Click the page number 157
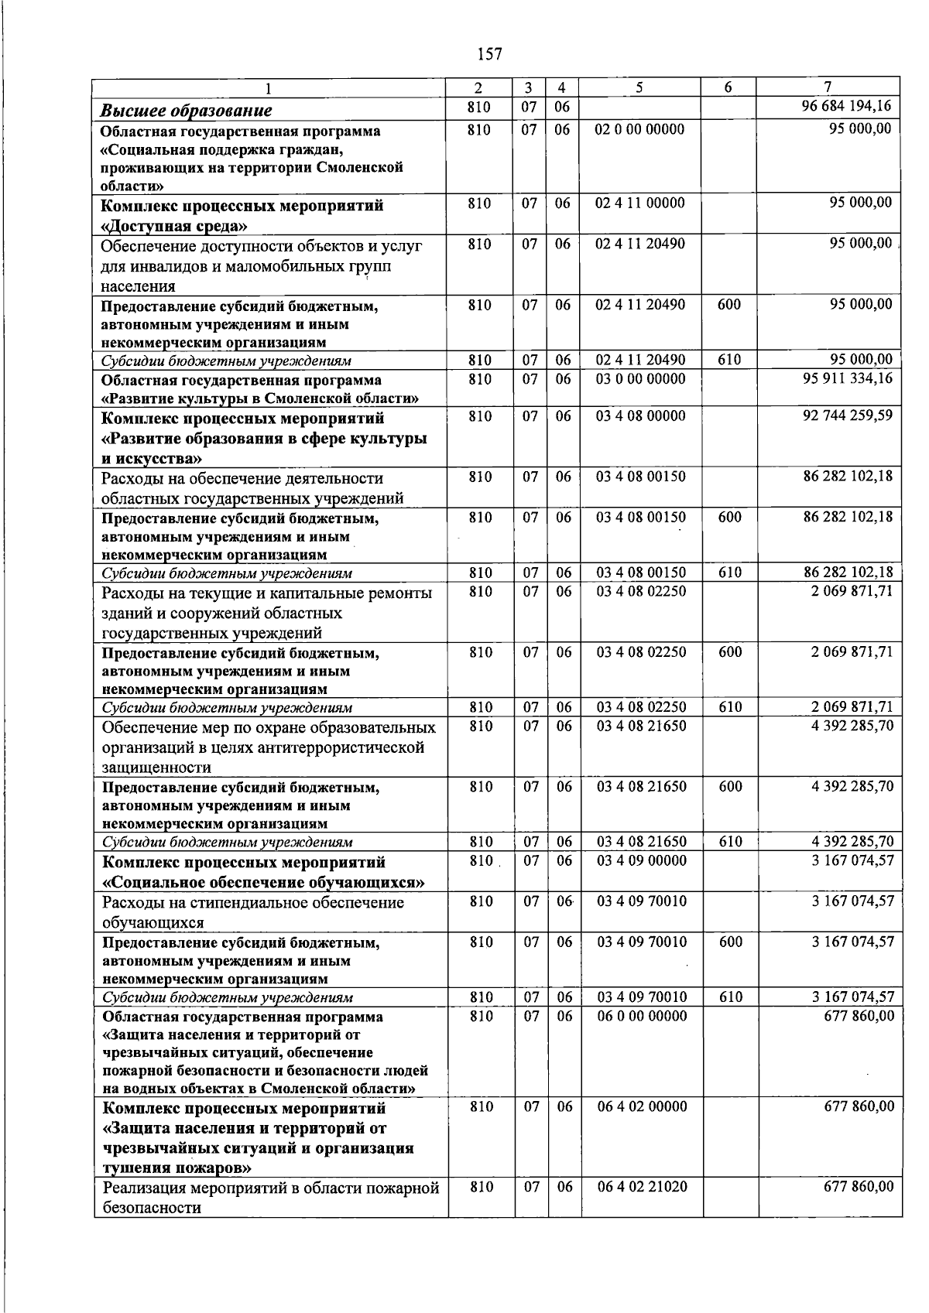489,54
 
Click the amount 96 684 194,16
847,106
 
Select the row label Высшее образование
187,110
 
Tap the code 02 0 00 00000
639,129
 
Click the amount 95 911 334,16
848,378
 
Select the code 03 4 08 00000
640,416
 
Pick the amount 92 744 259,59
848,415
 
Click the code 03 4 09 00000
641,860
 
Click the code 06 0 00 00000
642,1015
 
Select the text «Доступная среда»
176,226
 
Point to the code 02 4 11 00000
639,203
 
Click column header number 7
828,87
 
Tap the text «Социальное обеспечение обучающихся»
264,882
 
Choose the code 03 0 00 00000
640,379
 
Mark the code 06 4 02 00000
642,1106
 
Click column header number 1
269,87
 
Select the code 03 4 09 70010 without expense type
641,901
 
